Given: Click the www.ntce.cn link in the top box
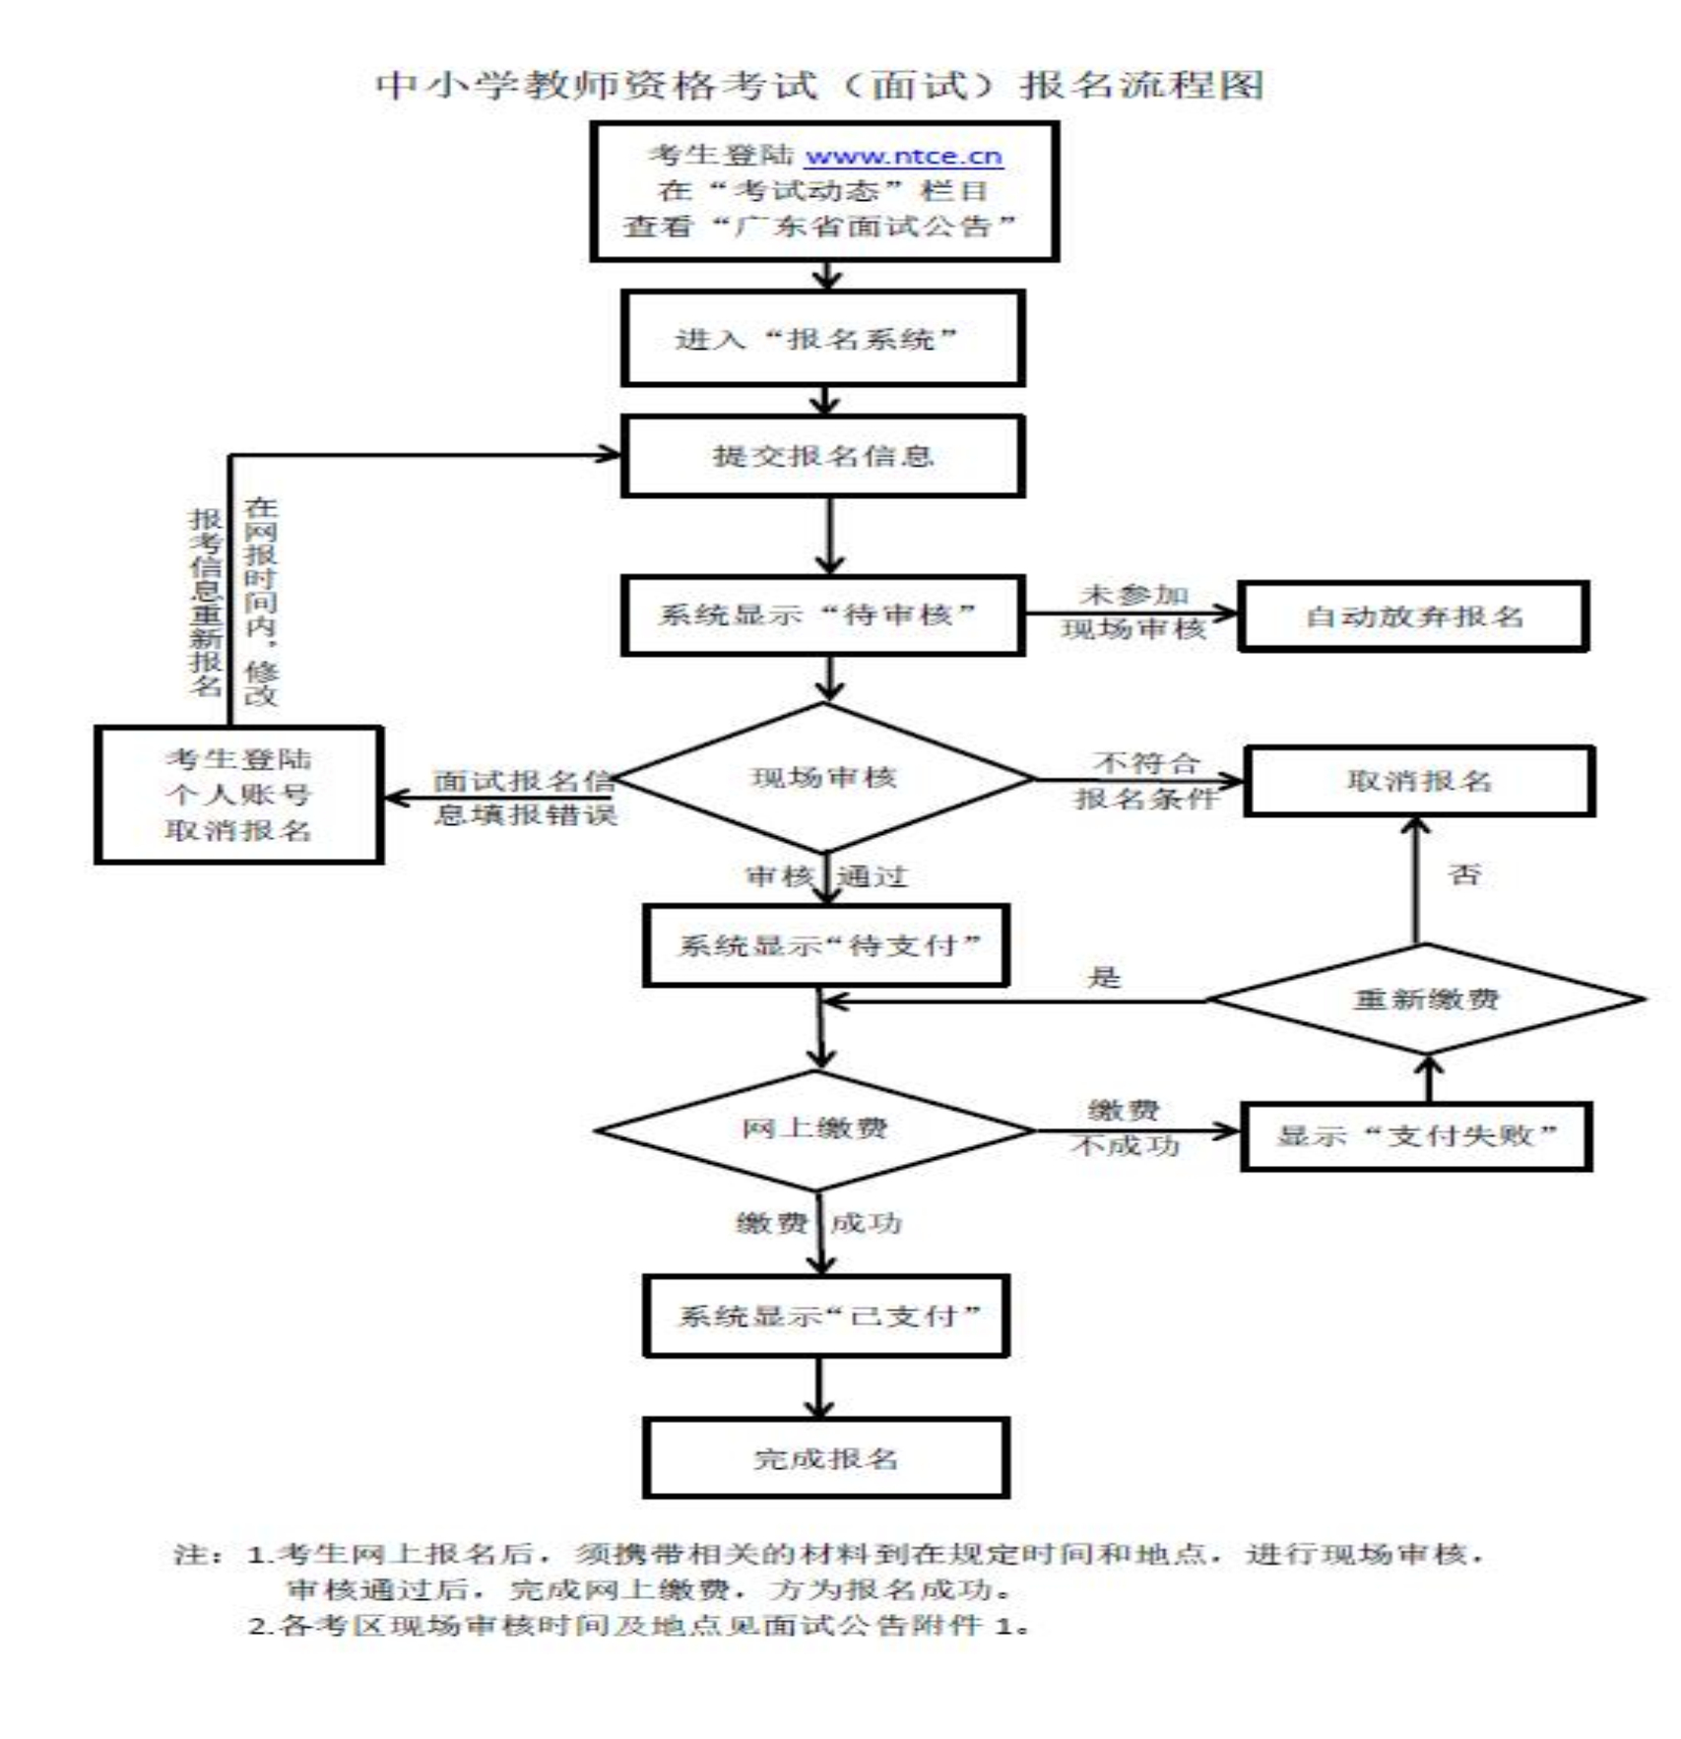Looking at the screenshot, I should [902, 156].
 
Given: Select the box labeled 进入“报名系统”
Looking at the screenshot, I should [821, 339].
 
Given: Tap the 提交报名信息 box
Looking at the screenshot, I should [821, 456].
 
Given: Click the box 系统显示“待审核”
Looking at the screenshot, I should [821, 615].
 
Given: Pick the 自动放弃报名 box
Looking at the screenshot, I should [1412, 616].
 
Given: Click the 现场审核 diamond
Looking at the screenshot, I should [823, 777].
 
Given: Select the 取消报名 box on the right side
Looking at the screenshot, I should [1418, 781].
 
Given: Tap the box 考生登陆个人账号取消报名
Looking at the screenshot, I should [238, 794].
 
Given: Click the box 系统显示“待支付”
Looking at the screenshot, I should [825, 945].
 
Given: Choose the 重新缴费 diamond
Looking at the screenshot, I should [1424, 998].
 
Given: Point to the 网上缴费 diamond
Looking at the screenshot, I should [814, 1128].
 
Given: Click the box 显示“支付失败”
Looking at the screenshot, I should [1415, 1136].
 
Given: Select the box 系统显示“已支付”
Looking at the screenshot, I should [825, 1316].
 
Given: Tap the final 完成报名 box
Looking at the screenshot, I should [825, 1458].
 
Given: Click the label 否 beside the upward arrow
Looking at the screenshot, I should [1464, 873].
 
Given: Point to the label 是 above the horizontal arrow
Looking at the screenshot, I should [1104, 977].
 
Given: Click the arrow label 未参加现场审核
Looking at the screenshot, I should [1133, 612].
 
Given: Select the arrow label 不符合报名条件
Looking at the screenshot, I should [1144, 780].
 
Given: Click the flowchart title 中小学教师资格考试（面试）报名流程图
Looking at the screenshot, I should [819, 86].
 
